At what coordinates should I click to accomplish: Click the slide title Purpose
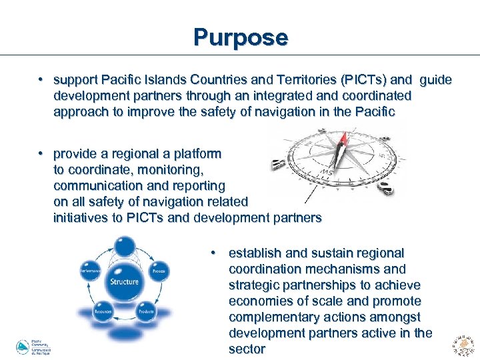(x=240, y=37)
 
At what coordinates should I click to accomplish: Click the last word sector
(x=247, y=349)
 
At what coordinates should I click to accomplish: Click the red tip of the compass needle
(x=343, y=139)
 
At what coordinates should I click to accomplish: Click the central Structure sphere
(x=124, y=281)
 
